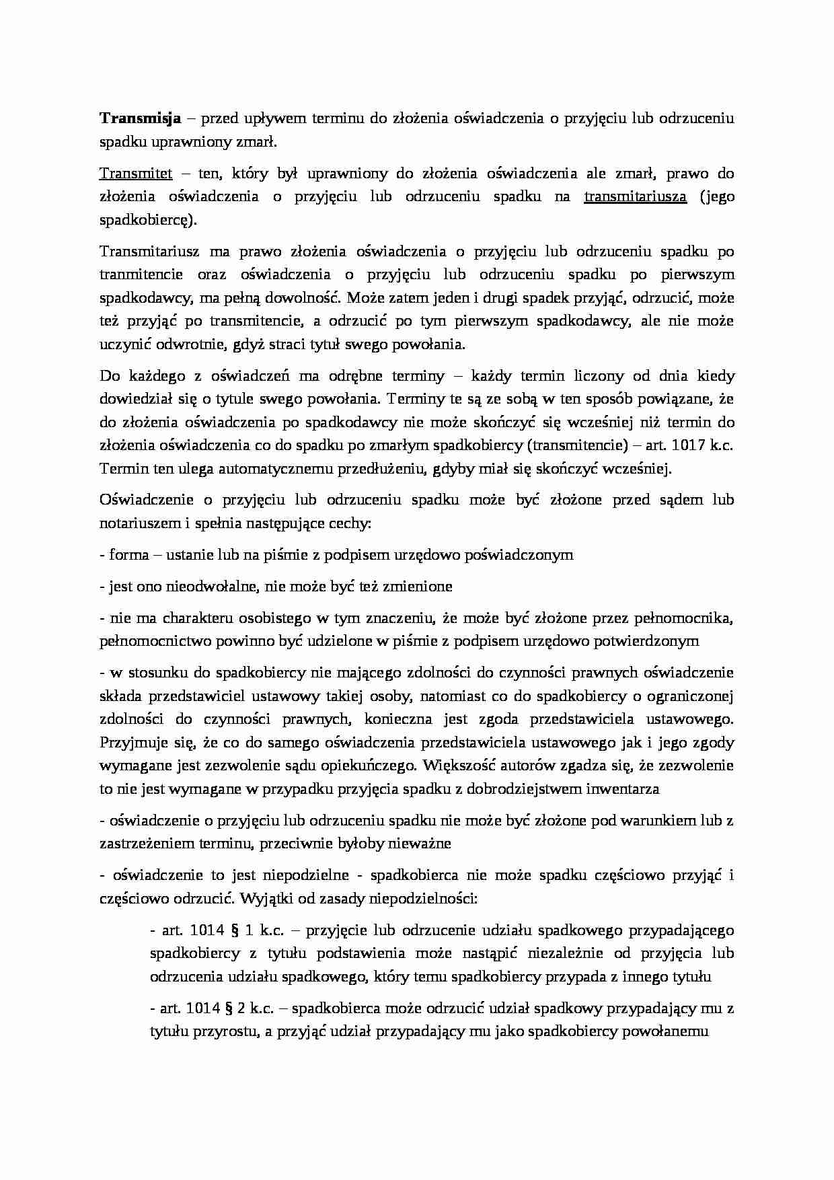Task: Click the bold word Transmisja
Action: [141, 119]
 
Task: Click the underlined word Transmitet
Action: [136, 174]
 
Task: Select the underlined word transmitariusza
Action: [636, 196]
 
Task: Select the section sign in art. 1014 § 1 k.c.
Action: [235, 930]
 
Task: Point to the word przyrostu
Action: [225, 1032]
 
